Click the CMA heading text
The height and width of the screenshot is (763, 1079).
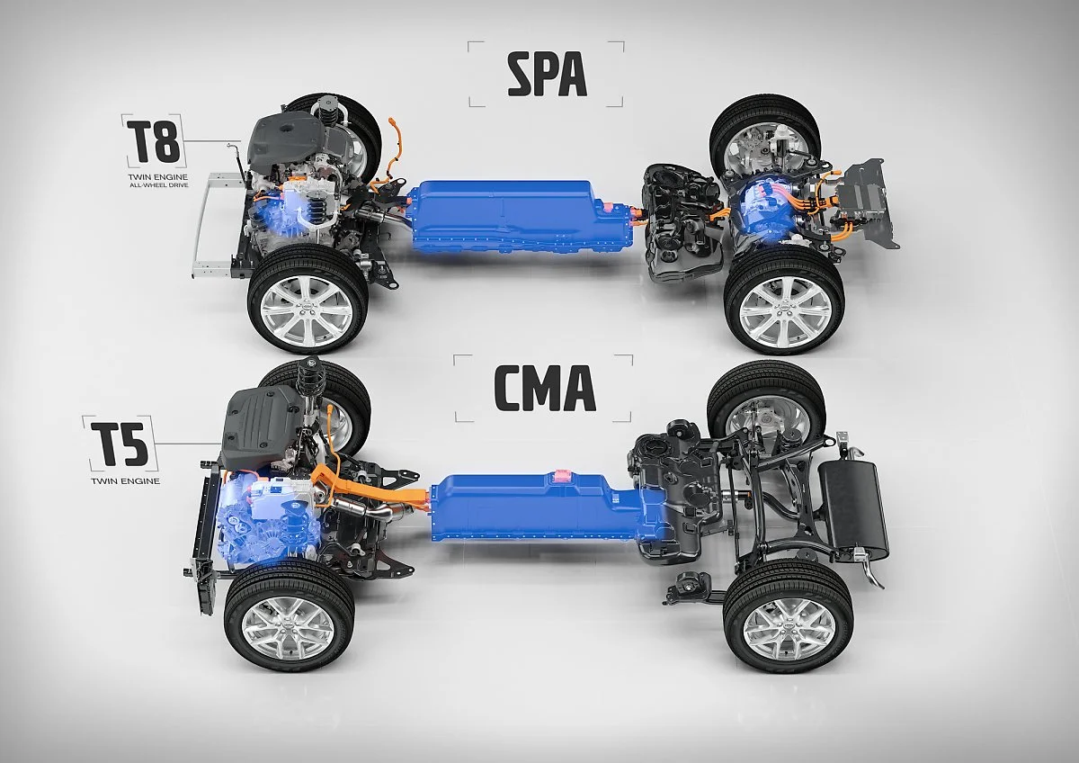(544, 389)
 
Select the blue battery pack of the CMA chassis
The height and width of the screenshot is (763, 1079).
(539, 513)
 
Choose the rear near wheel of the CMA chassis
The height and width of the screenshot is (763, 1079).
(788, 616)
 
